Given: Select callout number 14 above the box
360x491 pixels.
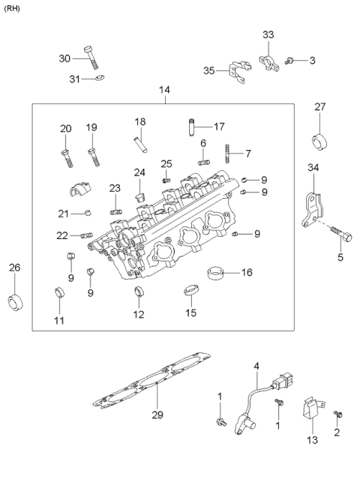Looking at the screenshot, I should (164, 90).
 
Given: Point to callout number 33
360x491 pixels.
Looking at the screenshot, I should (268, 35).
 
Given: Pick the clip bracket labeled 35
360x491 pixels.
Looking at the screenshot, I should (235, 72).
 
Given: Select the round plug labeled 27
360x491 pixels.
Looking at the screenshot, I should (320, 139).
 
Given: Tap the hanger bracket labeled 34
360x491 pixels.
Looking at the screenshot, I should (311, 208).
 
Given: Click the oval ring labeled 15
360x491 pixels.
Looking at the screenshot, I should (190, 290).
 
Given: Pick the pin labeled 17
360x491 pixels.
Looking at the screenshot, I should (193, 126).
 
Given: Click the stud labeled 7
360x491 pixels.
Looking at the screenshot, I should (226, 156).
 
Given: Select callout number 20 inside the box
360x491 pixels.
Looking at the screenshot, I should (65, 128).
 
